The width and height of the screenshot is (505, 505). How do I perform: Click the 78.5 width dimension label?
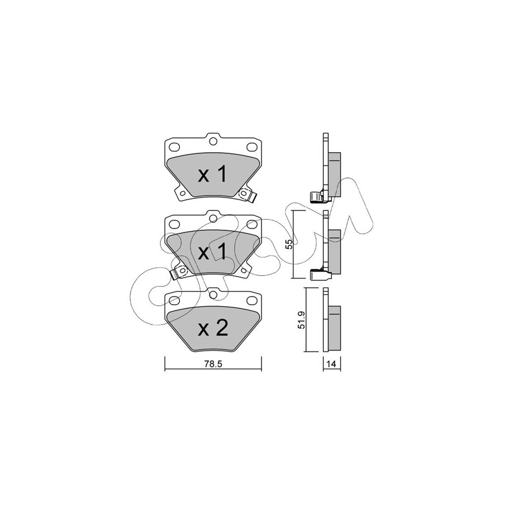pyautogui.click(x=213, y=364)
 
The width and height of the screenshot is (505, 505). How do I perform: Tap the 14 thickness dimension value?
pyautogui.click(x=331, y=364)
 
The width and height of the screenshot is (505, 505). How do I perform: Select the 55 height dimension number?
pyautogui.click(x=289, y=244)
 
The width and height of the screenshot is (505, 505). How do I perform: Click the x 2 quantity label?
pyautogui.click(x=213, y=329)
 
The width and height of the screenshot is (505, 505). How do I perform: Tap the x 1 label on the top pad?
pyautogui.click(x=213, y=175)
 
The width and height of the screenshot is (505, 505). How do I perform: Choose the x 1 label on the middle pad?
pyautogui.click(x=213, y=252)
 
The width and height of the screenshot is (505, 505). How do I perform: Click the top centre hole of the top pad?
pyautogui.click(x=213, y=141)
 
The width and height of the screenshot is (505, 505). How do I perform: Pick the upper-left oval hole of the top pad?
pyautogui.click(x=174, y=147)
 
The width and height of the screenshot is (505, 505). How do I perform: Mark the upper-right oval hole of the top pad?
pyautogui.click(x=251, y=147)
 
